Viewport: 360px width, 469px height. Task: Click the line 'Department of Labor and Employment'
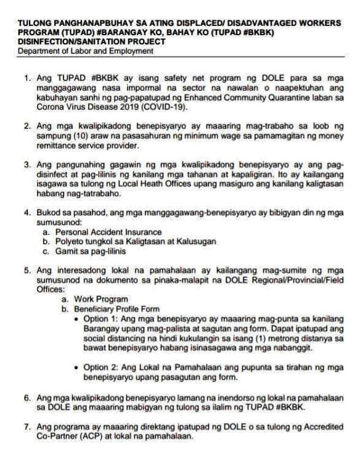coord(86,51)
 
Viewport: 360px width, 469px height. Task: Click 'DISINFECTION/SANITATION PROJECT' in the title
coord(92,41)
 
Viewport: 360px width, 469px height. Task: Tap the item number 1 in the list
coord(27,80)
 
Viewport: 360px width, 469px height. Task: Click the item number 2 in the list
coord(27,126)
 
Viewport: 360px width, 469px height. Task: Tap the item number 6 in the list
coord(27,398)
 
